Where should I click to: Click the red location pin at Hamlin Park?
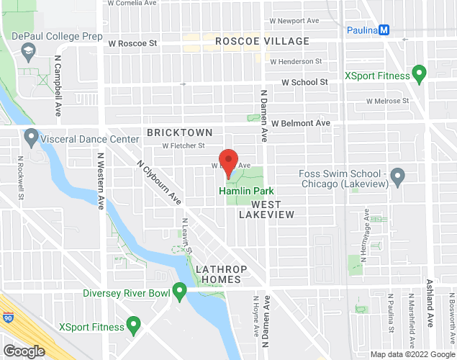tap(228, 162)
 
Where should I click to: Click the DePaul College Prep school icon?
tap(29, 51)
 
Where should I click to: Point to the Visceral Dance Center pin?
tap(31, 136)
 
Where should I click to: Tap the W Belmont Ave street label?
tap(300, 123)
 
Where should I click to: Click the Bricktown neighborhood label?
tap(179, 132)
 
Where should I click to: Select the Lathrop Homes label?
tap(222, 274)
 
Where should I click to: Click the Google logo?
tap(23, 351)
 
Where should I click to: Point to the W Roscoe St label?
tap(132, 43)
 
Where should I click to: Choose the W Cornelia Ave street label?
tap(134, 3)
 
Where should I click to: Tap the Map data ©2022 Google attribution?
tap(412, 354)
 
